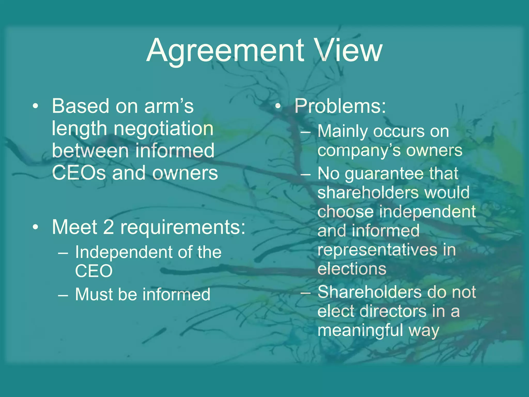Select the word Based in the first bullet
81,106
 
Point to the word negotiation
163,128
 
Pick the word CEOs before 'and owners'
79,173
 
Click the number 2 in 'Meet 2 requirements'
108,227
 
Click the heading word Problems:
340,106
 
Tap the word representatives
377,250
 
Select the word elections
352,269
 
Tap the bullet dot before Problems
278,106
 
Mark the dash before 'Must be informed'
63,295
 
